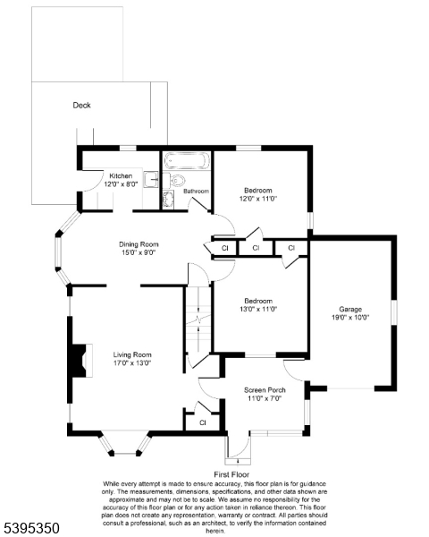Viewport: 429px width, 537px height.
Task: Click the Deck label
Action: (x=81, y=105)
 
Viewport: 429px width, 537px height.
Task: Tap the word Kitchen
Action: (x=122, y=175)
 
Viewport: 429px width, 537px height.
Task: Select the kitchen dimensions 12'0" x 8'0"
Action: (x=122, y=183)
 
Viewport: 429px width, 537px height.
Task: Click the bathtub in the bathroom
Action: (x=187, y=162)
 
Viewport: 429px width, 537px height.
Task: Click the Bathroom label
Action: (x=197, y=191)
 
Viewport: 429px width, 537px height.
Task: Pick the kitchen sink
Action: (x=154, y=178)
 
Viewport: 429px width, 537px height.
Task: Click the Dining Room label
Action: (x=139, y=243)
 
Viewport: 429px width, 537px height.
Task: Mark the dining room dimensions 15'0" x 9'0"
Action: (x=139, y=252)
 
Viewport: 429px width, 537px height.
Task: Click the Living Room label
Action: (x=131, y=354)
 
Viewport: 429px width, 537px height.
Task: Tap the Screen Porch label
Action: (x=264, y=390)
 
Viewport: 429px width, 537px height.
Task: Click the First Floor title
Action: (x=231, y=474)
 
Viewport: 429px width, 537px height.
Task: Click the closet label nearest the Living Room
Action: (x=203, y=422)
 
